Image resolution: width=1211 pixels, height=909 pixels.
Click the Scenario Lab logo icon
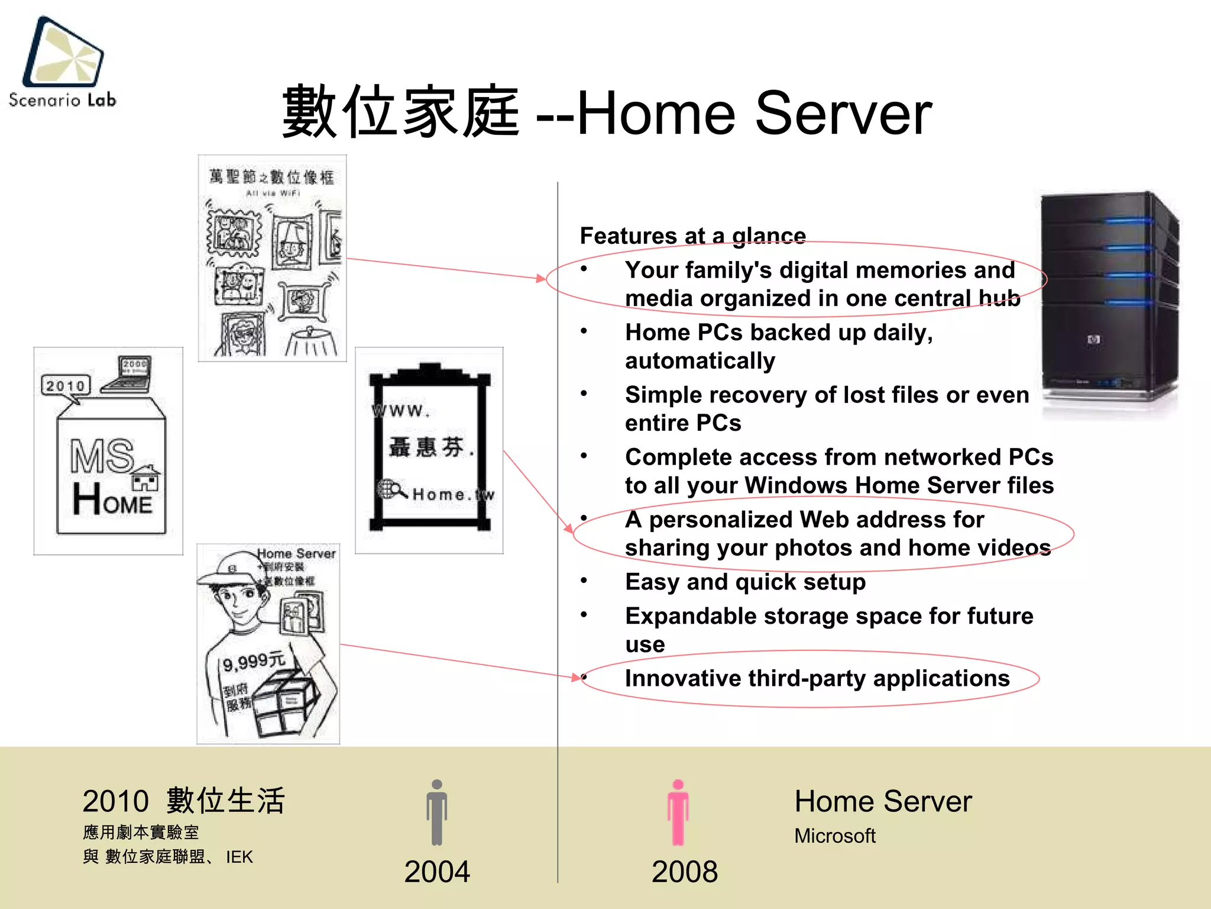point(63,52)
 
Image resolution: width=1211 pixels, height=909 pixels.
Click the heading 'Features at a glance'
point(692,236)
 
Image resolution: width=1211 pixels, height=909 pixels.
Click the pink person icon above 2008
point(678,813)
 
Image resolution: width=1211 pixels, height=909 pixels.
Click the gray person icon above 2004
point(437,813)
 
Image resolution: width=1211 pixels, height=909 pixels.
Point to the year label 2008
point(684,872)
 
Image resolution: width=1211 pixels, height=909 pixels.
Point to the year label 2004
point(437,872)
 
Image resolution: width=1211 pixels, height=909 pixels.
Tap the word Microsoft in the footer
point(834,836)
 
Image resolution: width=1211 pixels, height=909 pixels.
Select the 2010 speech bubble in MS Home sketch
point(66,386)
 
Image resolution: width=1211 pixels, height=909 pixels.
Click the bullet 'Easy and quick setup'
point(745,582)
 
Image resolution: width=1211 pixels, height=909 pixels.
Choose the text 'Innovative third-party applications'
point(817,678)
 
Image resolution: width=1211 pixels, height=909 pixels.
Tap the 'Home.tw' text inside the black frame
point(452,494)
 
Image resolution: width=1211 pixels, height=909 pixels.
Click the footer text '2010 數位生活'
point(184,801)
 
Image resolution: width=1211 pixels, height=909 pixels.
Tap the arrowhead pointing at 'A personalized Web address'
point(568,528)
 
